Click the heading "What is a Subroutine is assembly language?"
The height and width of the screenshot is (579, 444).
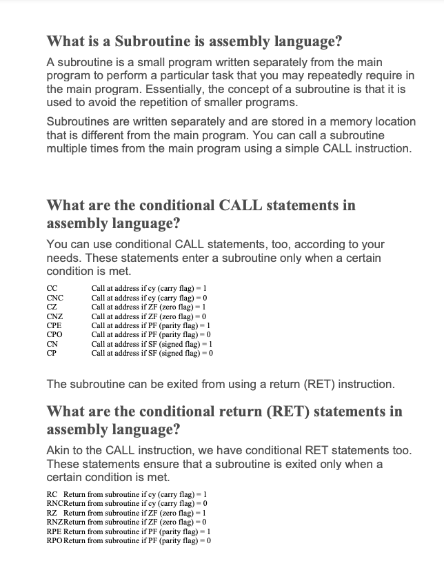pos(194,41)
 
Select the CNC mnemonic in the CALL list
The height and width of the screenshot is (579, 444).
pos(54,298)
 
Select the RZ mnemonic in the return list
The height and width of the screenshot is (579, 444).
pos(51,513)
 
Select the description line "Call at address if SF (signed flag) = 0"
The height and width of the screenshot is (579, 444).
pos(152,353)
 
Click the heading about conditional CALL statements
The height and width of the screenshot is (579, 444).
pos(201,214)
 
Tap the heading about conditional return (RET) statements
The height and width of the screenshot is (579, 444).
pos(224,420)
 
